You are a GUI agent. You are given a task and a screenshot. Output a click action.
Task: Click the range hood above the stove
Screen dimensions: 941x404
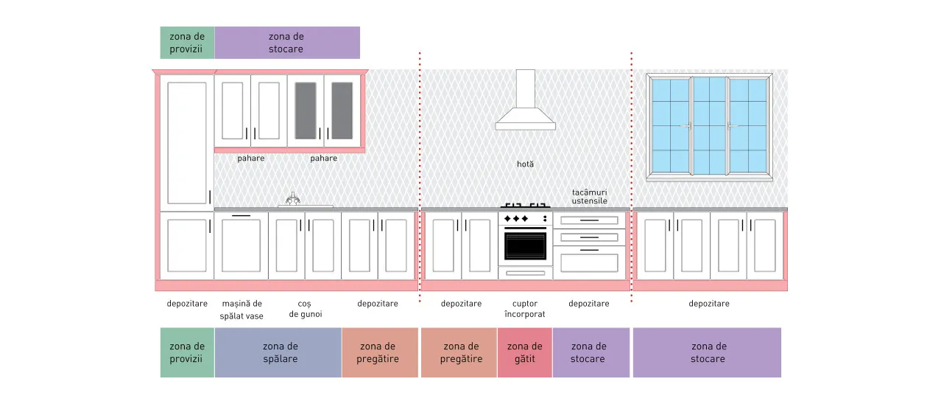(525, 105)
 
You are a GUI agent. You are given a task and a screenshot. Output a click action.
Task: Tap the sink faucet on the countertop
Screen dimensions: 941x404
(293, 198)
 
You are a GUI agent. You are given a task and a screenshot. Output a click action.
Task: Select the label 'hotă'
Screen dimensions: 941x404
(525, 164)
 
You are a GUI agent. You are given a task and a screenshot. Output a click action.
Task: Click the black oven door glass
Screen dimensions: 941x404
(525, 246)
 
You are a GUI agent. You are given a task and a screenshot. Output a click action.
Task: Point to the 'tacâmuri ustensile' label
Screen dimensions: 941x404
(589, 196)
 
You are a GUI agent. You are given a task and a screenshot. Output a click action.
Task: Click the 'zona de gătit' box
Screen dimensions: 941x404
(525, 352)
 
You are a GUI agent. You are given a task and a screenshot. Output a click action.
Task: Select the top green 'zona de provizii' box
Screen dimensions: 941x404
(187, 43)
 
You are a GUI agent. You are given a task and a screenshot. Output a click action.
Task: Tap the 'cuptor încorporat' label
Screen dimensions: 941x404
(525, 309)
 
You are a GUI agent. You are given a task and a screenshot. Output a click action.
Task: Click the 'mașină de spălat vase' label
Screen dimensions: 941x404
(242, 310)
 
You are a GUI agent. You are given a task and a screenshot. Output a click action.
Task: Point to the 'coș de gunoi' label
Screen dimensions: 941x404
(306, 309)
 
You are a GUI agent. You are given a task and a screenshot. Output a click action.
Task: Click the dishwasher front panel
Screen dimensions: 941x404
(241, 245)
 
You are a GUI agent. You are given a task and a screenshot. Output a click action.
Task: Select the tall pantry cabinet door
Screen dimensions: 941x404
(187, 143)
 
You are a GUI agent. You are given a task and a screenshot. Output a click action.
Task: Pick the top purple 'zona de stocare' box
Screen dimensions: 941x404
(287, 43)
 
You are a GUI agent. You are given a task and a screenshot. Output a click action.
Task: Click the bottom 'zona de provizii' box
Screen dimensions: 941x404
(187, 352)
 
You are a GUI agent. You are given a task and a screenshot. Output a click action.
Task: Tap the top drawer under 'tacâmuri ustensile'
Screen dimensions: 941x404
(589, 220)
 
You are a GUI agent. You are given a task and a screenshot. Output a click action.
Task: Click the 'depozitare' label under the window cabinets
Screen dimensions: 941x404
(708, 304)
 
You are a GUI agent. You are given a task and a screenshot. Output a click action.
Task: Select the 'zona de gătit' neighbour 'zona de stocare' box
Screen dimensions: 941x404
(591, 352)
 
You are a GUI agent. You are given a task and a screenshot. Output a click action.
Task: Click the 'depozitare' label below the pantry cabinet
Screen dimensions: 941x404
(187, 304)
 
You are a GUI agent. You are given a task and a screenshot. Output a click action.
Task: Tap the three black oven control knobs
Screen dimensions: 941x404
(516, 219)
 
